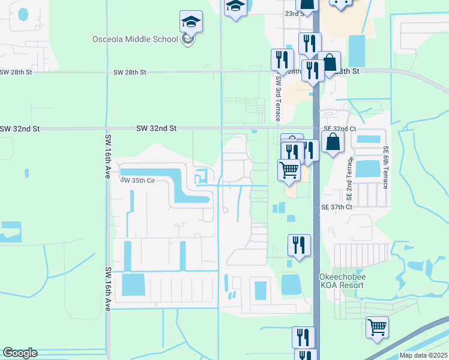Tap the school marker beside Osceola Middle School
[x=191, y=23]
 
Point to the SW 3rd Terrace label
[x=278, y=96]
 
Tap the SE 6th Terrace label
[x=385, y=167]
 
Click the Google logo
[x=20, y=353]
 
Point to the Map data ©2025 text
[x=423, y=355]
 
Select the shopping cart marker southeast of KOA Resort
[x=378, y=328]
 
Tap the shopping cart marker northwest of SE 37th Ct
[x=289, y=170]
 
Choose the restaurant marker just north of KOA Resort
[x=299, y=245]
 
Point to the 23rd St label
[x=293, y=13]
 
